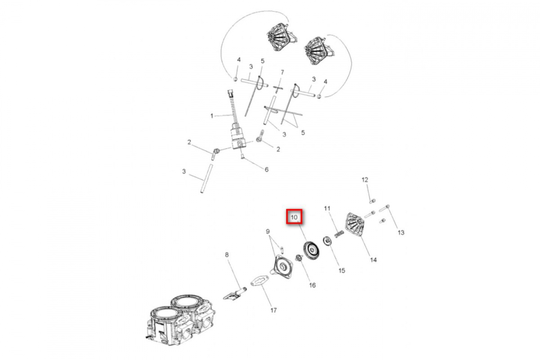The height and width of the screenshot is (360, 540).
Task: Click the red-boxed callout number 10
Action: pos(294,217)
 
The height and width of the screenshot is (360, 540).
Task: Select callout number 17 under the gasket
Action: pos(274,310)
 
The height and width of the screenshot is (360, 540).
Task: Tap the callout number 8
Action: pos(227,255)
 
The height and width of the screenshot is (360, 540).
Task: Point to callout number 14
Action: pos(373,260)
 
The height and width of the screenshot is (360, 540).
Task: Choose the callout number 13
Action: pos(400,233)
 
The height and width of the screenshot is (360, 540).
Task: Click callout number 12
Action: pos(365,180)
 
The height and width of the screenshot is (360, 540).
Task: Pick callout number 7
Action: pos(282,72)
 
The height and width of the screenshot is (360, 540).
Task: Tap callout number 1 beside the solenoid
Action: pos(211,116)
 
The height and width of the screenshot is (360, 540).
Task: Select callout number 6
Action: pos(266,170)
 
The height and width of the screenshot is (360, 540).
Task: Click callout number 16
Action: pos(312,285)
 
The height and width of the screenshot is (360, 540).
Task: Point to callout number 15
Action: pos(342,270)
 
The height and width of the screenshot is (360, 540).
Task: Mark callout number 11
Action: pos(328,208)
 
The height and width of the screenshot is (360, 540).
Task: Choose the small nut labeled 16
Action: pos(297,258)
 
